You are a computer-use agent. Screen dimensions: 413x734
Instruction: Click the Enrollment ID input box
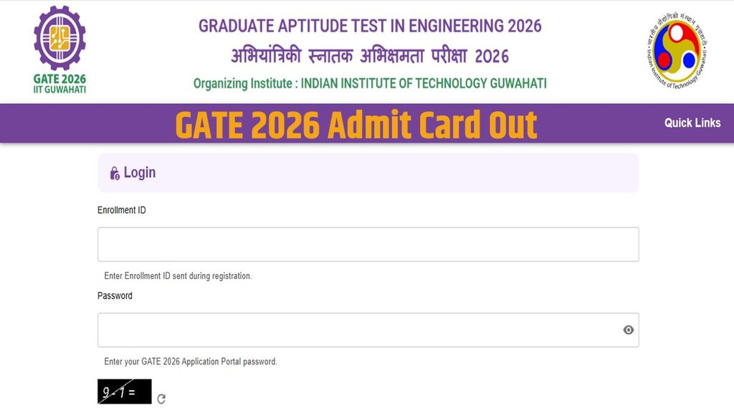point(368,245)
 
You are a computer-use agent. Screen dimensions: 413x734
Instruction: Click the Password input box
point(358,330)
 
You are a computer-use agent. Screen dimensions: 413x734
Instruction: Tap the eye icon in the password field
point(629,330)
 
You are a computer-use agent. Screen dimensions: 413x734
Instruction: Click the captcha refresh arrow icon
point(161,399)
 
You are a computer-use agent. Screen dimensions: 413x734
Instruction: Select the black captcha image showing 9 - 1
point(125,391)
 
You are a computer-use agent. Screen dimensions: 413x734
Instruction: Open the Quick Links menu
point(692,123)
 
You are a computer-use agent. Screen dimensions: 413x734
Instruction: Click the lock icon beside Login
point(115,174)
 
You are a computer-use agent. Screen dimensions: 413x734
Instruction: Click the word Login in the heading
point(140,173)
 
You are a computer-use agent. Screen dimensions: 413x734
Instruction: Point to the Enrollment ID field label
point(122,210)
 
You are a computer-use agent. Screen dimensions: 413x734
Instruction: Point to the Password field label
point(115,295)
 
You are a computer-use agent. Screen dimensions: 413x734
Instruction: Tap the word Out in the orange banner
point(513,125)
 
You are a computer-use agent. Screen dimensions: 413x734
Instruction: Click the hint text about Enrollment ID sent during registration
point(178,276)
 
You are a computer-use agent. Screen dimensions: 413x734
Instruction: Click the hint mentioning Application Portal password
point(191,361)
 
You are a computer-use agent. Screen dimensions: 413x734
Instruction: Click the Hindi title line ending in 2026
point(369,56)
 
